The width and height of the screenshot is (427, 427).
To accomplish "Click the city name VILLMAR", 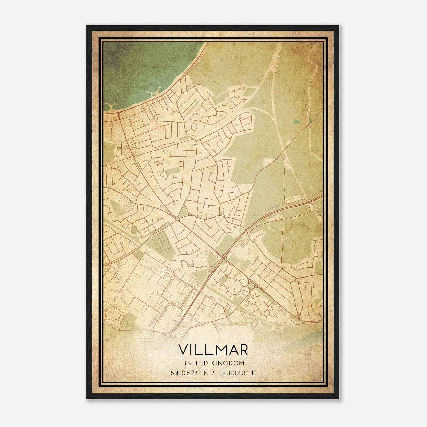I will (x=213, y=350).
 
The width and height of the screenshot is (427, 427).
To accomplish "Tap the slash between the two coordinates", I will (x=212, y=373).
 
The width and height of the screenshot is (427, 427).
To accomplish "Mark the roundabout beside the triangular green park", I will (x=177, y=219).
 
